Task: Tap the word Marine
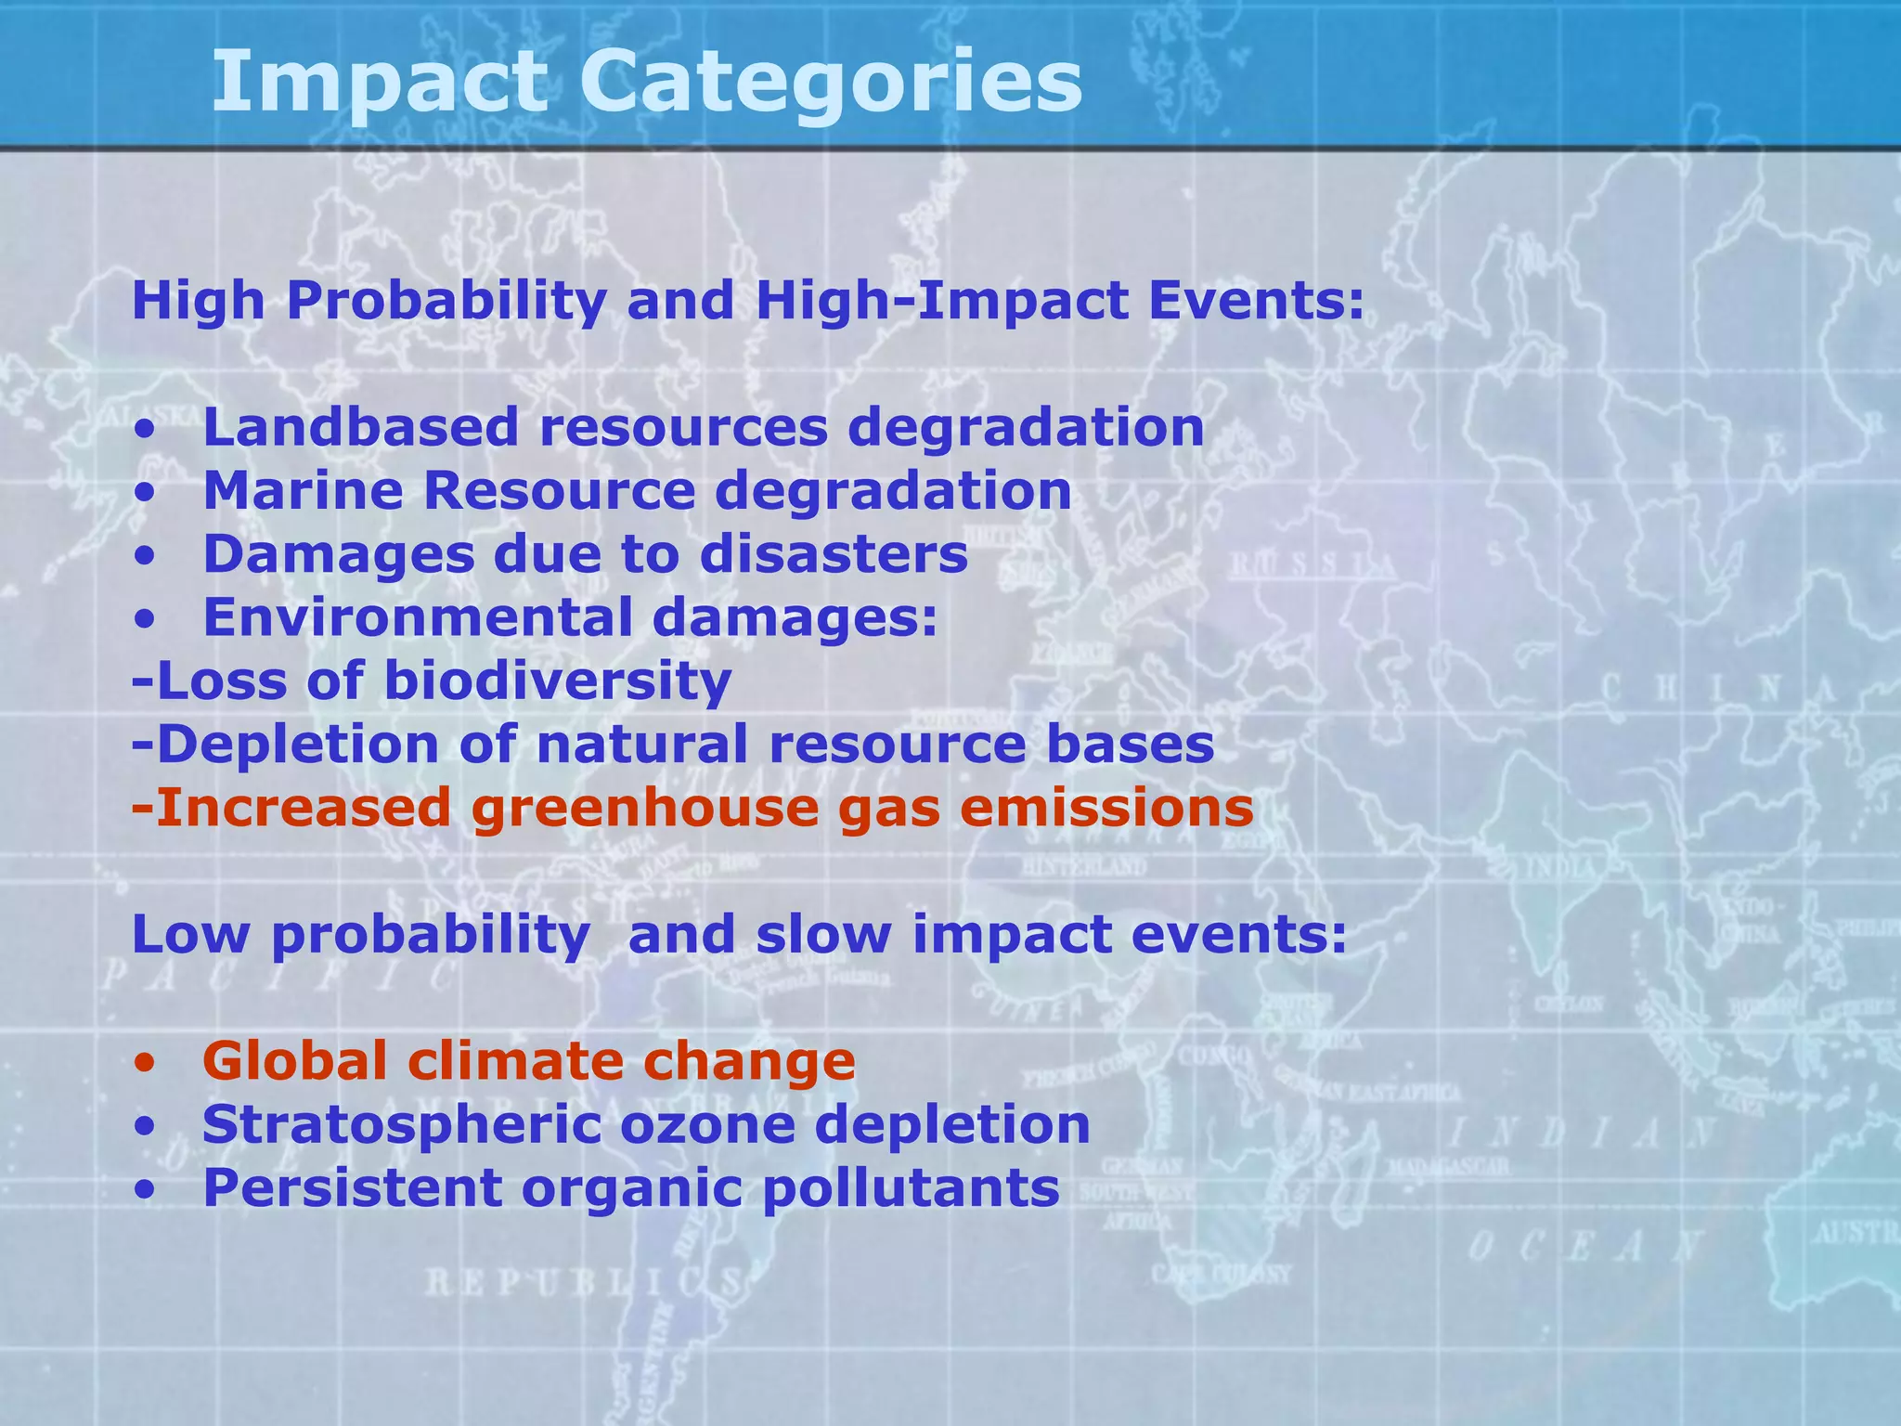coord(303,491)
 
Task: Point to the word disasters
coord(834,554)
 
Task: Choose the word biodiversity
coord(557,681)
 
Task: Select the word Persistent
coord(352,1188)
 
